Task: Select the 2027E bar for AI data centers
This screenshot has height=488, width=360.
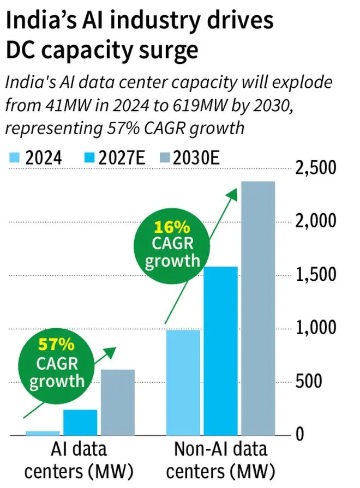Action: click(80, 423)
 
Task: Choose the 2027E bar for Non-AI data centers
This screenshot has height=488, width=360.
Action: click(221, 351)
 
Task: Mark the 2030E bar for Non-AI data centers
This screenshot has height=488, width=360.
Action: click(258, 308)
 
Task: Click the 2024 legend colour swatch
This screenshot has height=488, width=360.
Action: click(15, 159)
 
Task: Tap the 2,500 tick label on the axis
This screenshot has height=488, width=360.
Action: click(319, 168)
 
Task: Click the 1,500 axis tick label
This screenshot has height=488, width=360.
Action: click(319, 275)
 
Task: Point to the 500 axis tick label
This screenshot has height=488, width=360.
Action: click(326, 381)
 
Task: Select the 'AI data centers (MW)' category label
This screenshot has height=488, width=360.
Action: click(80, 460)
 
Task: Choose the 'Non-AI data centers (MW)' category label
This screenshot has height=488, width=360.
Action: click(220, 460)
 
